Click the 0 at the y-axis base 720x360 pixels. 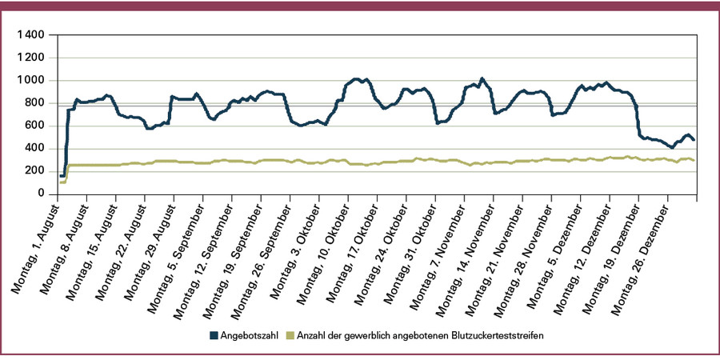pos(46,193)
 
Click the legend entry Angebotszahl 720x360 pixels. pos(249,335)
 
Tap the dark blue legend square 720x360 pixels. pos(214,335)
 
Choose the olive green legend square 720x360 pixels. pos(290,335)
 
